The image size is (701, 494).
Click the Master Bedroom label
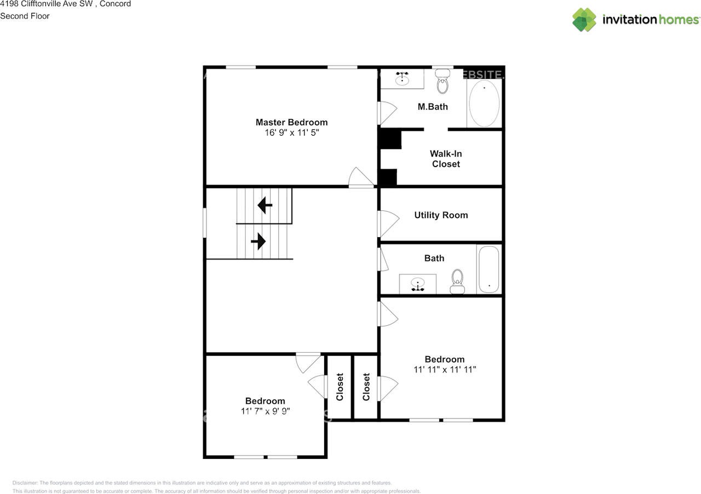coord(291,122)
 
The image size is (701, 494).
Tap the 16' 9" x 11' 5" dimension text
coord(291,133)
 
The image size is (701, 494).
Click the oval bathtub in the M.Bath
coord(484,104)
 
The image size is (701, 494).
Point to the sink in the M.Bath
coord(403,78)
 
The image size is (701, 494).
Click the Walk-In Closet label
coord(445,159)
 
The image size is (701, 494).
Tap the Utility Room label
coord(441,215)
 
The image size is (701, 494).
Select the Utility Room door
coord(388,224)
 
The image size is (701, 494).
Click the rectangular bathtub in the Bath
coord(489,269)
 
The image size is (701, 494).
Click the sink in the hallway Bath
coord(418,284)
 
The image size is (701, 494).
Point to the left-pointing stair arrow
coord(265,205)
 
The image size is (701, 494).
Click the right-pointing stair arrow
coord(258,241)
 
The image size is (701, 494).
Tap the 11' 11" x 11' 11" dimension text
coord(445,370)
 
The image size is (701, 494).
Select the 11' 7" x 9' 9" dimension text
coord(265,411)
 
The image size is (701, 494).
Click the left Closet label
coord(340,387)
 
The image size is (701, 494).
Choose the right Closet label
coord(366,387)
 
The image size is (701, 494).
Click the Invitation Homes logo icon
coord(584,20)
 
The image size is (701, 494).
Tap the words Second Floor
coord(25,16)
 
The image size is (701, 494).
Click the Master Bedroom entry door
coord(361,179)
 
